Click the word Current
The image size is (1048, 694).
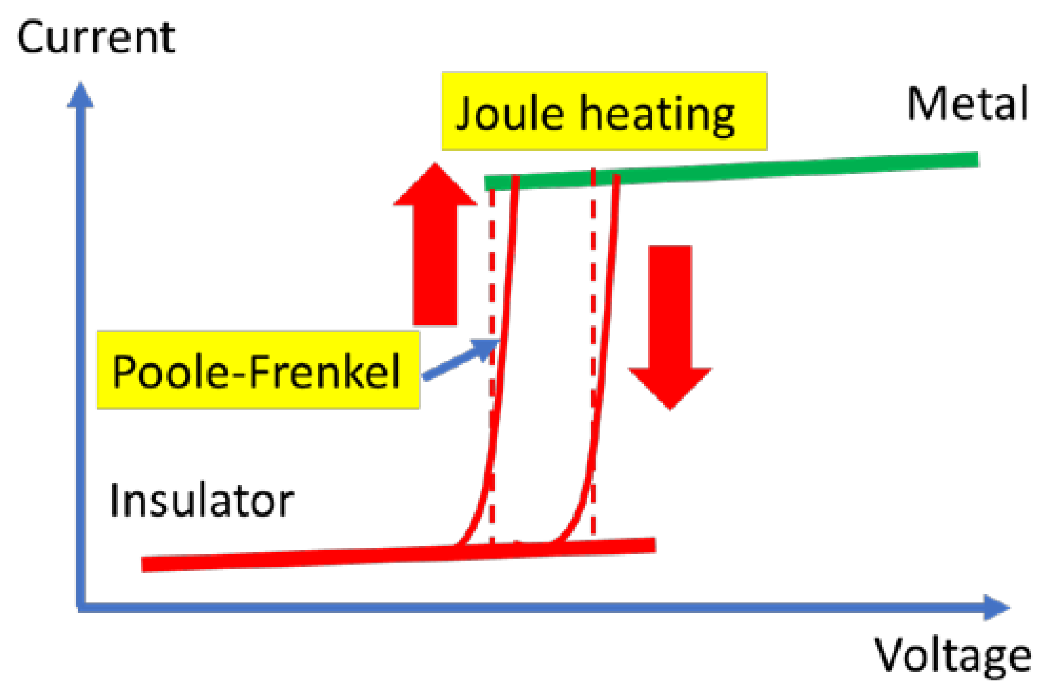click(x=96, y=38)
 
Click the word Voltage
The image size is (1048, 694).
click(x=952, y=656)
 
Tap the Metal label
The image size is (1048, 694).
click(x=967, y=103)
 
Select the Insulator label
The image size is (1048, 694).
click(x=201, y=501)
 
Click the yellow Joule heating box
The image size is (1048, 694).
click(x=604, y=111)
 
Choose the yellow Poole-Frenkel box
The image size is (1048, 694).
click(x=258, y=370)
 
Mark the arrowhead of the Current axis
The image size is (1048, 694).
click(x=81, y=95)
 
